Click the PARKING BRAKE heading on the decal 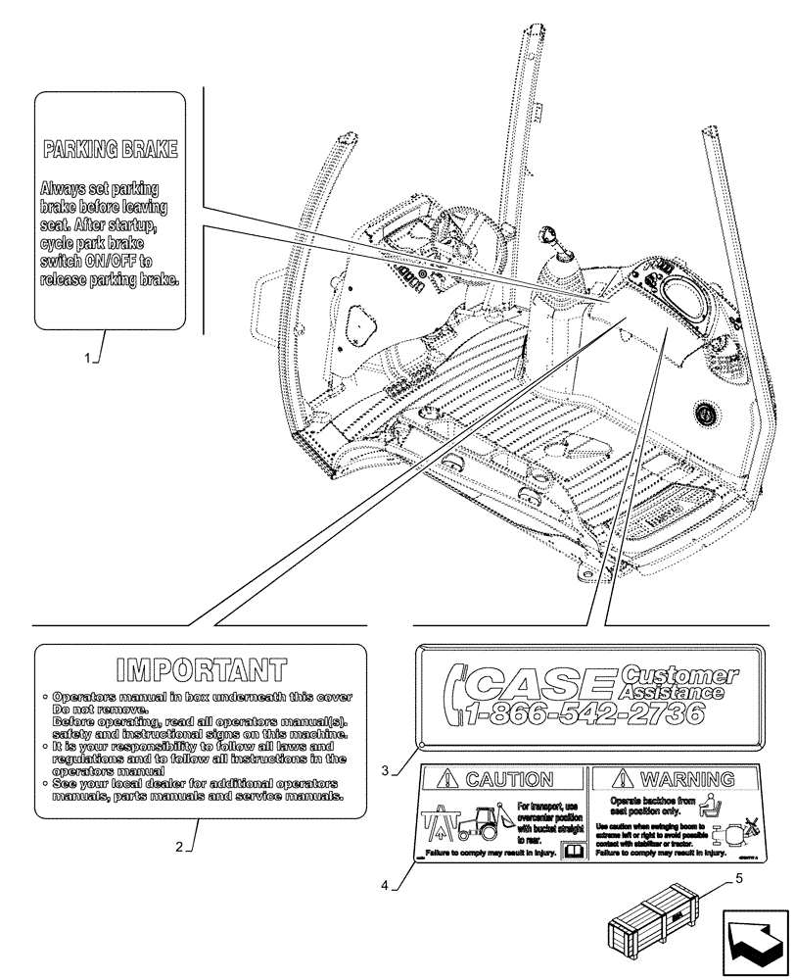(x=110, y=149)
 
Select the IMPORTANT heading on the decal (x=201, y=670)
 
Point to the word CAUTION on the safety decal (x=508, y=780)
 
